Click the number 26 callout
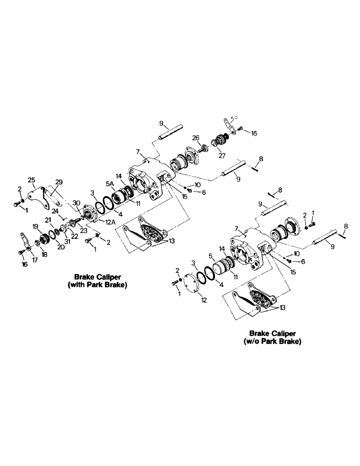pyautogui.click(x=195, y=137)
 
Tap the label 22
pyautogui.click(x=75, y=235)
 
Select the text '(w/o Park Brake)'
pyautogui.click(x=272, y=341)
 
